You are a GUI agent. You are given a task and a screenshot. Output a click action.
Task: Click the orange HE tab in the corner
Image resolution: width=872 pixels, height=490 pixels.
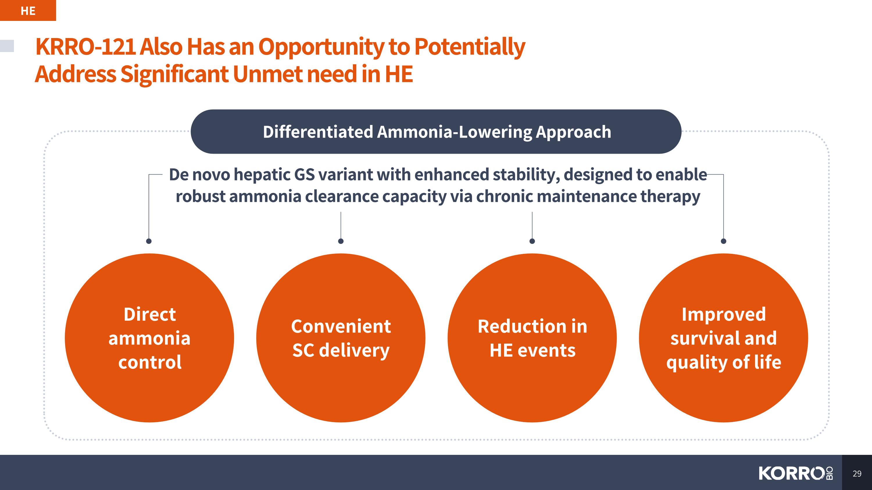click(x=28, y=10)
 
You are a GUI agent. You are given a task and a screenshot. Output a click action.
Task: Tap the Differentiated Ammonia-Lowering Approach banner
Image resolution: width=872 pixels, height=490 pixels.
click(x=436, y=132)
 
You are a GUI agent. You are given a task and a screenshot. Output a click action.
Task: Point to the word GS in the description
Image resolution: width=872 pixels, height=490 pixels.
click(x=304, y=175)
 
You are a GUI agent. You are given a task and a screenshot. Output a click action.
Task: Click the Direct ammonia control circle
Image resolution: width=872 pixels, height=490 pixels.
click(x=149, y=338)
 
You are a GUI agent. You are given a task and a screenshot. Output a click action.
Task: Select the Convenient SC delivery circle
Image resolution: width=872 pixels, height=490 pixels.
click(x=341, y=338)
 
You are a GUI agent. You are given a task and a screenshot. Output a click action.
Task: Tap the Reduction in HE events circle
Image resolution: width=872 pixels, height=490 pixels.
click(x=532, y=338)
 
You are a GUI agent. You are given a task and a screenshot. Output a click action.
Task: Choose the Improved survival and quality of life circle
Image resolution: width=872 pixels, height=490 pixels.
click(x=723, y=338)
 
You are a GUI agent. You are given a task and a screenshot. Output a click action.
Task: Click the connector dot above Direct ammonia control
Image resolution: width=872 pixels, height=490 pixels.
click(x=149, y=241)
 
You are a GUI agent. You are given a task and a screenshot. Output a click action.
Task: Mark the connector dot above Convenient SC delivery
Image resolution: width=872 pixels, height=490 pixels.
click(x=341, y=241)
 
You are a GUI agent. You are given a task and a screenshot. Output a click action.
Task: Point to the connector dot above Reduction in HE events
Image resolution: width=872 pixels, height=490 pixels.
click(x=532, y=241)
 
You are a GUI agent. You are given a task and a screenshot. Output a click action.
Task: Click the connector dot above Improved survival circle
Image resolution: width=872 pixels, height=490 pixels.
click(x=723, y=241)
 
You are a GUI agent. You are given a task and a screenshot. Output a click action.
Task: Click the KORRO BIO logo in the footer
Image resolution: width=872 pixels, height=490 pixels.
click(x=796, y=473)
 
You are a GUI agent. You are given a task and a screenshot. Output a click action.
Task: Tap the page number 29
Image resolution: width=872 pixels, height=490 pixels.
click(x=857, y=473)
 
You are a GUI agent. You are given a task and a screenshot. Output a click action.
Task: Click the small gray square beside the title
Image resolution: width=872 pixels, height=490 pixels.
click(x=7, y=46)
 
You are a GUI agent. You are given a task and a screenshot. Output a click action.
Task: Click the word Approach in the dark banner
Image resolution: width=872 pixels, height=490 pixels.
click(x=573, y=132)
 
